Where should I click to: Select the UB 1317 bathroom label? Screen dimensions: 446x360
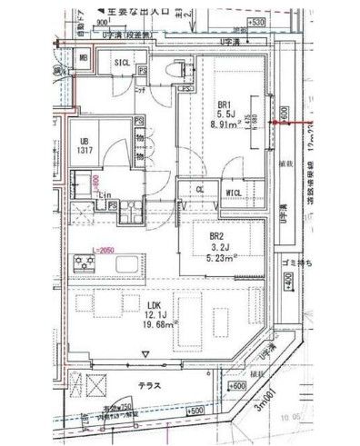point(83,147)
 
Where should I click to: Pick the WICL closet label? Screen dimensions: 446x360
point(232,192)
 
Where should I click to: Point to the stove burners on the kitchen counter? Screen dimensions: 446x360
point(86,265)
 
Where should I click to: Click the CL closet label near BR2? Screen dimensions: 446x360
point(200,190)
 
